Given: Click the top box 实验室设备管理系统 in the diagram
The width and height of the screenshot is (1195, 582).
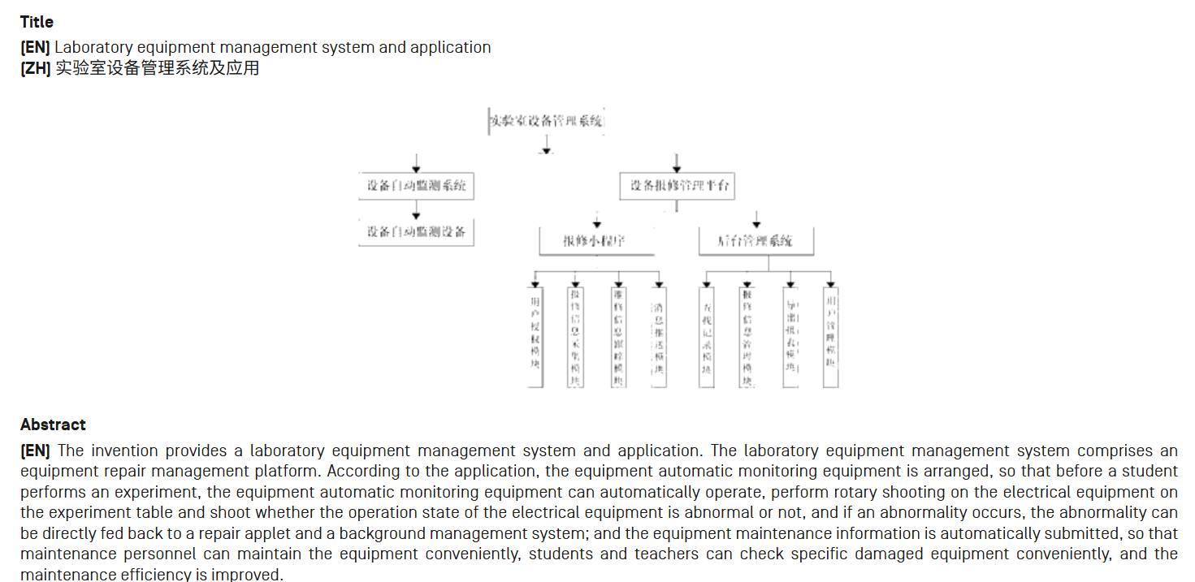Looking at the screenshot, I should (547, 122).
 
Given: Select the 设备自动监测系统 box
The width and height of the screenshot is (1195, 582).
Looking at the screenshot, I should (416, 186).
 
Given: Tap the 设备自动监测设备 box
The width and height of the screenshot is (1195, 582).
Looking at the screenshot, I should (416, 231).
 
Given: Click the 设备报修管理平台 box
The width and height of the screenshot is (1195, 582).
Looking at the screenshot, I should (678, 186).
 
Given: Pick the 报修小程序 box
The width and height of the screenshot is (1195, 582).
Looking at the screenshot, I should (596, 241).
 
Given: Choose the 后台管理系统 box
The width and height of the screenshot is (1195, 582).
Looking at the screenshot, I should (756, 241).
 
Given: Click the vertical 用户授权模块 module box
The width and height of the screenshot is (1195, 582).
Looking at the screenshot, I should (535, 337).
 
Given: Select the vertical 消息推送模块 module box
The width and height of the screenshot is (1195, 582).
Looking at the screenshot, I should (659, 337).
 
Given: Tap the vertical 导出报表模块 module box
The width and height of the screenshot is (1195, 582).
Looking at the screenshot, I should (790, 337).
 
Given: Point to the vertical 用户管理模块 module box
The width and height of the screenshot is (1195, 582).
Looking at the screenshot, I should (830, 337).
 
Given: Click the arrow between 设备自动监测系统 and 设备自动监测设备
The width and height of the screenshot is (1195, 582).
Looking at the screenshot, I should (416, 210).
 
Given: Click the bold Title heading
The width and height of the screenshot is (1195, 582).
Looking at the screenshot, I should (37, 22).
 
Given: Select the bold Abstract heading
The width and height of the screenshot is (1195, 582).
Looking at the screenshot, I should (53, 425).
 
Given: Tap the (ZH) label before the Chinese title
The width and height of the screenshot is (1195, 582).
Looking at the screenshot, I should (35, 68).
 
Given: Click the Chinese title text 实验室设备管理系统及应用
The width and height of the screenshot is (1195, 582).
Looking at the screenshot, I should (157, 68).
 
